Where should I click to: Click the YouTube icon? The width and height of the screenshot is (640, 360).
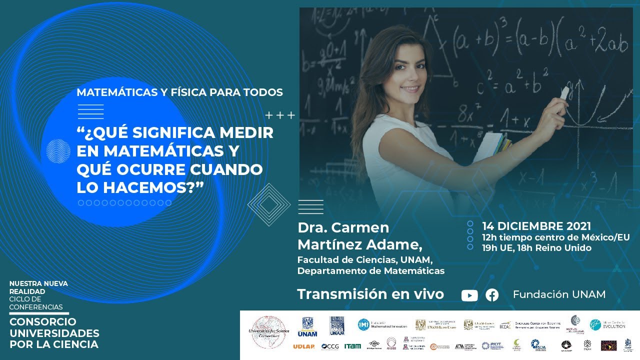pos(469,295)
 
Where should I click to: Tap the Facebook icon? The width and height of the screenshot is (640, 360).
pos(492,295)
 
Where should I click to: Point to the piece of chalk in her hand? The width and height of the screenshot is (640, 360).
pos(564,93)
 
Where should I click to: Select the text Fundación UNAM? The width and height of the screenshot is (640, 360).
pos(559,294)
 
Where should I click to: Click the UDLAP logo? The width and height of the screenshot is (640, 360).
pos(303,346)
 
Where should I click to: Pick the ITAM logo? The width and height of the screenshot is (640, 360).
pos(352,346)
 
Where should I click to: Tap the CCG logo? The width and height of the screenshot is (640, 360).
pos(330,346)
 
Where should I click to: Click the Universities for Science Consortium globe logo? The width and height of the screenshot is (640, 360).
pos(268,330)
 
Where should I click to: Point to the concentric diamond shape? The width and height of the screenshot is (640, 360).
pos(269,204)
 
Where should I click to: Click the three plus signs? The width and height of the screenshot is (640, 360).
pos(280,116)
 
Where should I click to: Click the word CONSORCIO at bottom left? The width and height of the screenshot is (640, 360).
pos(43,322)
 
